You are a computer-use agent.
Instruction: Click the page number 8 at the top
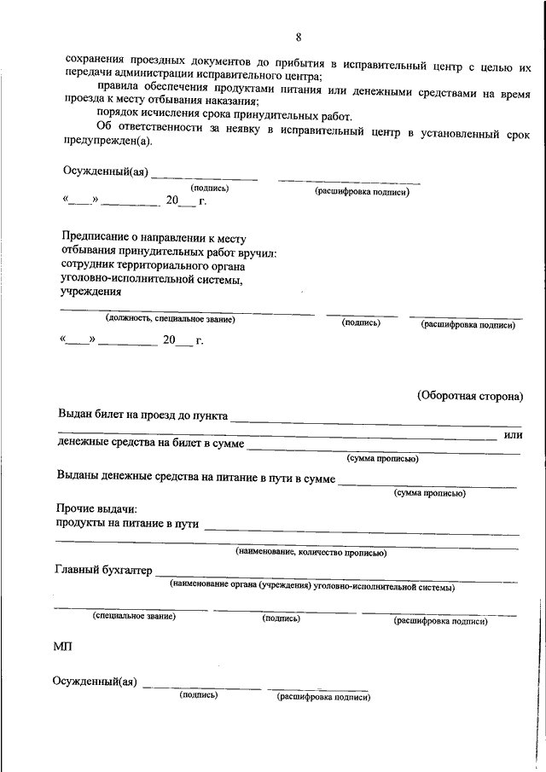click(299, 37)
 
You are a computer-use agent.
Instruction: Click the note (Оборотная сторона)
click(469, 396)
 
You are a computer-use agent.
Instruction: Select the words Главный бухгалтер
click(102, 569)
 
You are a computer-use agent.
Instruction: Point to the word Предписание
click(94, 238)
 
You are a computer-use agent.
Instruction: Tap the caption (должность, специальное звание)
click(169, 319)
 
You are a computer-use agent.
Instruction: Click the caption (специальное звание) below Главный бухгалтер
click(134, 616)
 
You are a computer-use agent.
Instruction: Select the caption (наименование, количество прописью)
click(311, 553)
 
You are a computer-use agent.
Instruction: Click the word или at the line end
click(513, 436)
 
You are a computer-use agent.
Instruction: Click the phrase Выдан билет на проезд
click(122, 415)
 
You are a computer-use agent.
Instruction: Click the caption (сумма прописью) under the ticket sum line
click(381, 458)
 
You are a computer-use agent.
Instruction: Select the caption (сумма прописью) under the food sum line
click(429, 493)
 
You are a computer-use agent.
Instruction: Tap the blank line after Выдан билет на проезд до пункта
click(375, 418)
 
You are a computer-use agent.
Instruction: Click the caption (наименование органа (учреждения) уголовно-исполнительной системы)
click(311, 587)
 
